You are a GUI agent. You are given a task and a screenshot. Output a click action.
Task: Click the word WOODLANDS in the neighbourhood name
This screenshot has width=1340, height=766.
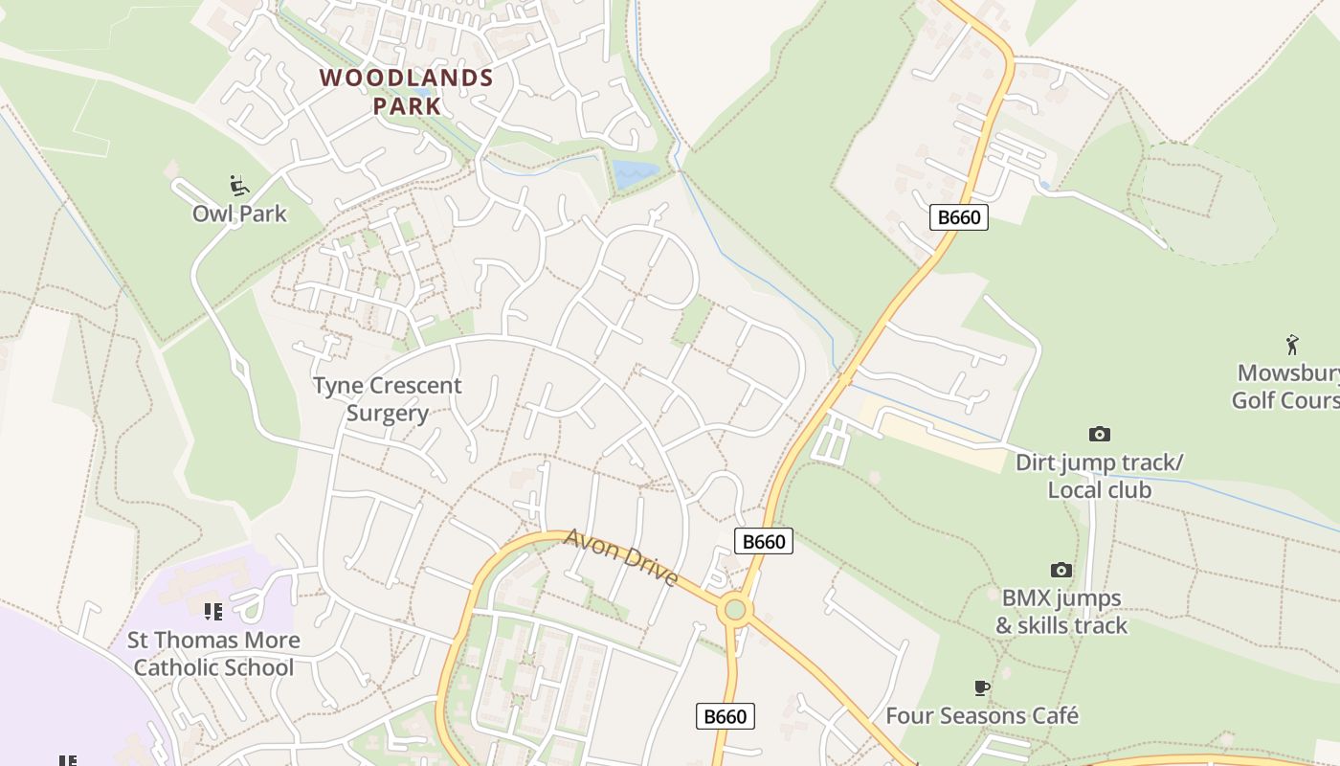point(407,79)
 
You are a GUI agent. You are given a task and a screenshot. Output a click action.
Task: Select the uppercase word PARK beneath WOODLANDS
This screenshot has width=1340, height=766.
point(408,106)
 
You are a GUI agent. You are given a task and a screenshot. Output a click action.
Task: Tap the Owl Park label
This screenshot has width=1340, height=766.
point(239,214)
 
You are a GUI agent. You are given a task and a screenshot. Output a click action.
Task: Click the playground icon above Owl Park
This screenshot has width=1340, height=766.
point(239,185)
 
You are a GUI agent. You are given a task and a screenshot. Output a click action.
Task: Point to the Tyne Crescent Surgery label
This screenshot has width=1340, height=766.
point(388,399)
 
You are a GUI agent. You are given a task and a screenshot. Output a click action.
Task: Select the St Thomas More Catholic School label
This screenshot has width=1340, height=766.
point(213,654)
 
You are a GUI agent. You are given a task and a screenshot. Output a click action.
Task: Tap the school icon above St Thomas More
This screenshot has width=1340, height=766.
point(213,610)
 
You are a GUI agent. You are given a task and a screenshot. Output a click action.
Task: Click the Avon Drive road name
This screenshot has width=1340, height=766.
point(622,557)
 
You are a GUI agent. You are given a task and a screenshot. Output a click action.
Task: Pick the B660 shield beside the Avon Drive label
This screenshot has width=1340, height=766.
point(764,542)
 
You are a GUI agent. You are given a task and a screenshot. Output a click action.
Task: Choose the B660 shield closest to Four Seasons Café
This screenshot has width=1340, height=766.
point(725,716)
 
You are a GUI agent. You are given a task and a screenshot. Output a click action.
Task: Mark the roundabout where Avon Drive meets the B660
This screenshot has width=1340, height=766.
point(735,610)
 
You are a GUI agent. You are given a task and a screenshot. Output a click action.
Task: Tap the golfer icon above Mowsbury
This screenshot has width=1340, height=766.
point(1292,345)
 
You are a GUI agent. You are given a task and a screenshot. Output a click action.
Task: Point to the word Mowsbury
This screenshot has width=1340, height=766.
point(1287,372)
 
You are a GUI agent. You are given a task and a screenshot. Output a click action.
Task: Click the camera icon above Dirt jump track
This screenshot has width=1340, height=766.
point(1100,435)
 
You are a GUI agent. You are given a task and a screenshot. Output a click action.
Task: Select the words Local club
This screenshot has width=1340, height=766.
point(1099,490)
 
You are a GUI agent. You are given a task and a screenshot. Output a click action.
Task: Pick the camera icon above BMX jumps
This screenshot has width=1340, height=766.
point(1061,571)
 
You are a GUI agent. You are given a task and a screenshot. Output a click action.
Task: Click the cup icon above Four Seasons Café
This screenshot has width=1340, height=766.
point(981,687)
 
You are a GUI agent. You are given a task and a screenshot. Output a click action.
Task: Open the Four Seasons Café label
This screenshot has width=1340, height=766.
point(982,716)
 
